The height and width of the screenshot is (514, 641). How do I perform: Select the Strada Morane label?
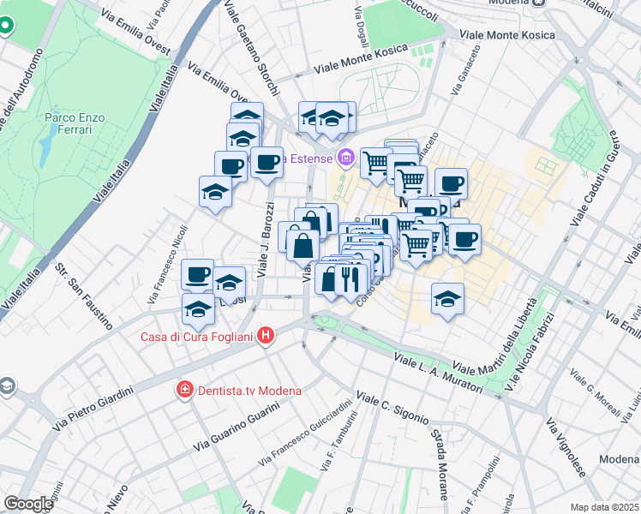point(439,464)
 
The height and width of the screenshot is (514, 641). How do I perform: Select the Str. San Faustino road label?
point(83,297)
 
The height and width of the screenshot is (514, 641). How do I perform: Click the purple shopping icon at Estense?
point(345,157)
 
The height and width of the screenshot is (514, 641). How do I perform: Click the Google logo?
point(27,504)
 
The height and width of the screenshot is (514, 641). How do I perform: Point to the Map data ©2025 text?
point(604,507)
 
